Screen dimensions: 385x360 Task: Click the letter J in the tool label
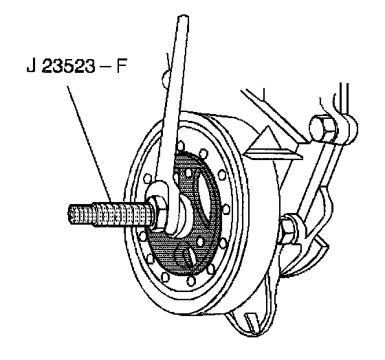coord(31,66)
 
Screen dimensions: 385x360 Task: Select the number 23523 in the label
coord(68,66)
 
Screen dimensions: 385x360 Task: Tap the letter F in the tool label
coord(121,66)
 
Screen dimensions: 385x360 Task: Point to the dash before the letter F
coord(106,67)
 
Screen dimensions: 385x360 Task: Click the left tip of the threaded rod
coord(68,213)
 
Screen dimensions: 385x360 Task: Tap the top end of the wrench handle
coord(183,16)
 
